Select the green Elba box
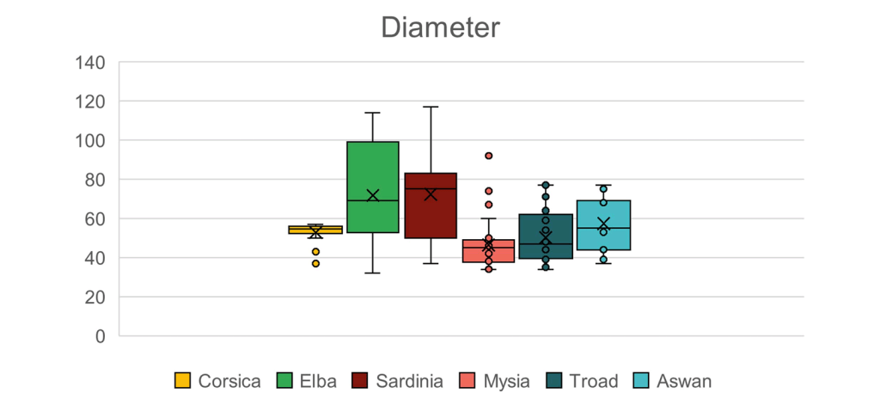point(373,172)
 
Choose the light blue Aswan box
point(603,236)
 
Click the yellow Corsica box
point(315,230)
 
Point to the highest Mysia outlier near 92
point(488,156)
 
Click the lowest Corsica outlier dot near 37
point(315,263)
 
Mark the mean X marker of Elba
point(373,196)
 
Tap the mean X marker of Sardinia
point(431,194)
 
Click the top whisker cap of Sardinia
point(431,107)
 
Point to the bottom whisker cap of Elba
point(373,273)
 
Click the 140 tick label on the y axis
point(90,62)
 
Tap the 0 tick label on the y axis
point(101,336)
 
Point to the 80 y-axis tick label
point(95,180)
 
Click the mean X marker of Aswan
point(603,224)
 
